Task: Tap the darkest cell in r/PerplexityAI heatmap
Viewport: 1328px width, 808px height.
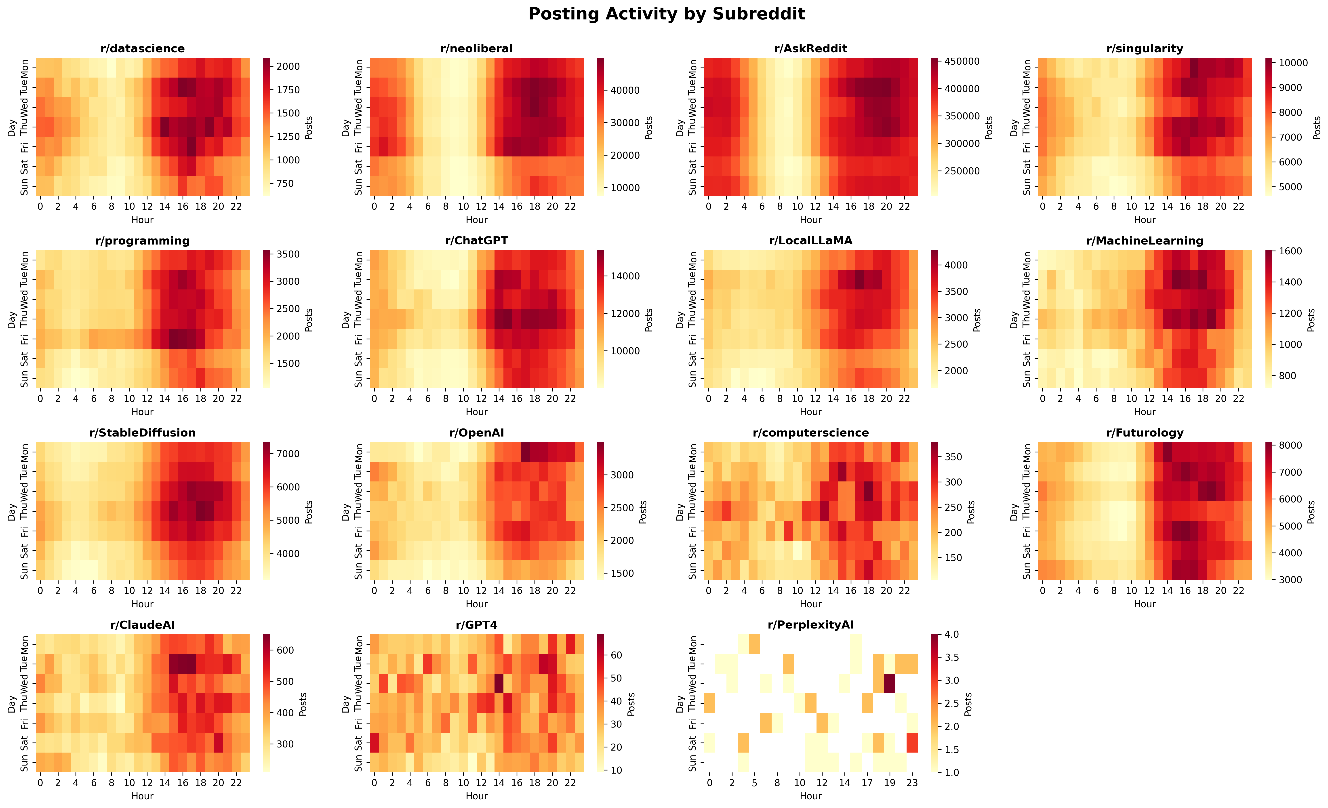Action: pos(889,683)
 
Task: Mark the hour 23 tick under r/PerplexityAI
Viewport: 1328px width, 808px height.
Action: pos(912,783)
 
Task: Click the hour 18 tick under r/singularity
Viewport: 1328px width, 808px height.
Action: pos(1203,207)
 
